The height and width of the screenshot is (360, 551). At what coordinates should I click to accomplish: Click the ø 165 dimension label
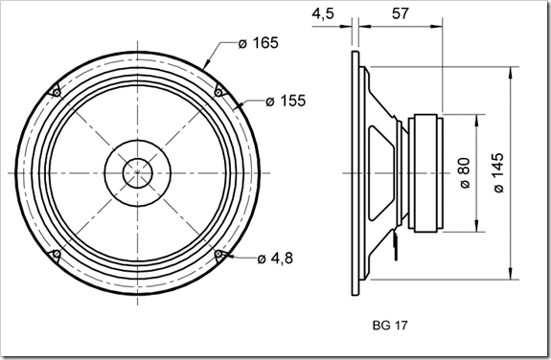[x=259, y=43]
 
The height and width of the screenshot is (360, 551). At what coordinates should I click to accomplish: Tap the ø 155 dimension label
[x=286, y=101]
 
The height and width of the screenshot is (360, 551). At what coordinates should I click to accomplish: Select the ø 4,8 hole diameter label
[x=275, y=259]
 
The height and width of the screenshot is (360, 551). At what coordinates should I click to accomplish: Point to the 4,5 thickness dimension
[x=323, y=14]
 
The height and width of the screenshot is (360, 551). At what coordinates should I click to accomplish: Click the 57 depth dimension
[x=401, y=13]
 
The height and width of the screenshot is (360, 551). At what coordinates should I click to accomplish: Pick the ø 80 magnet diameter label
[x=465, y=173]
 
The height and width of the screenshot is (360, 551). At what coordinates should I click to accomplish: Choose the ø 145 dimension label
[x=498, y=172]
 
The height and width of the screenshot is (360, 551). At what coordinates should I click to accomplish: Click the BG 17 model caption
[x=390, y=326]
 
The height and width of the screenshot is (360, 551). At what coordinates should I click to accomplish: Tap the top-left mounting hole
[x=57, y=92]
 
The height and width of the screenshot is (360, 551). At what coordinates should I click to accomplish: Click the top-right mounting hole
[x=218, y=92]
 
